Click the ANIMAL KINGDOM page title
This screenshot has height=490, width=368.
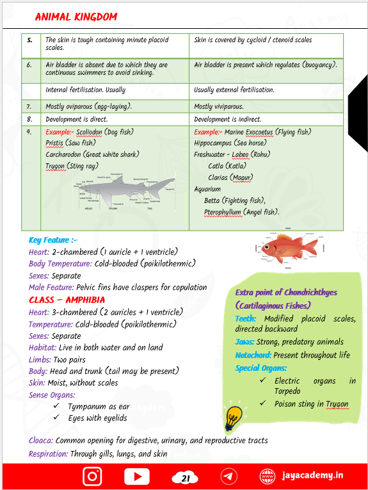76,16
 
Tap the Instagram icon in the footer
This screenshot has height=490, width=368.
92,477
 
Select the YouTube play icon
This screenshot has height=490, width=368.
137,477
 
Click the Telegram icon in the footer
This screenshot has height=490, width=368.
228,477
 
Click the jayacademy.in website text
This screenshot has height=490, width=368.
312,476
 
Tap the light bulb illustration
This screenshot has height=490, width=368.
232,418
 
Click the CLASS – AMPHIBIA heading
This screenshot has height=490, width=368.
67,300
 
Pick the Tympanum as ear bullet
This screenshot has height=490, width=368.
99,406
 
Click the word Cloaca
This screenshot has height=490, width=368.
40,441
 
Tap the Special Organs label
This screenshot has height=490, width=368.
260,368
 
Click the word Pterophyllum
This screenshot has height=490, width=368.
223,212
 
